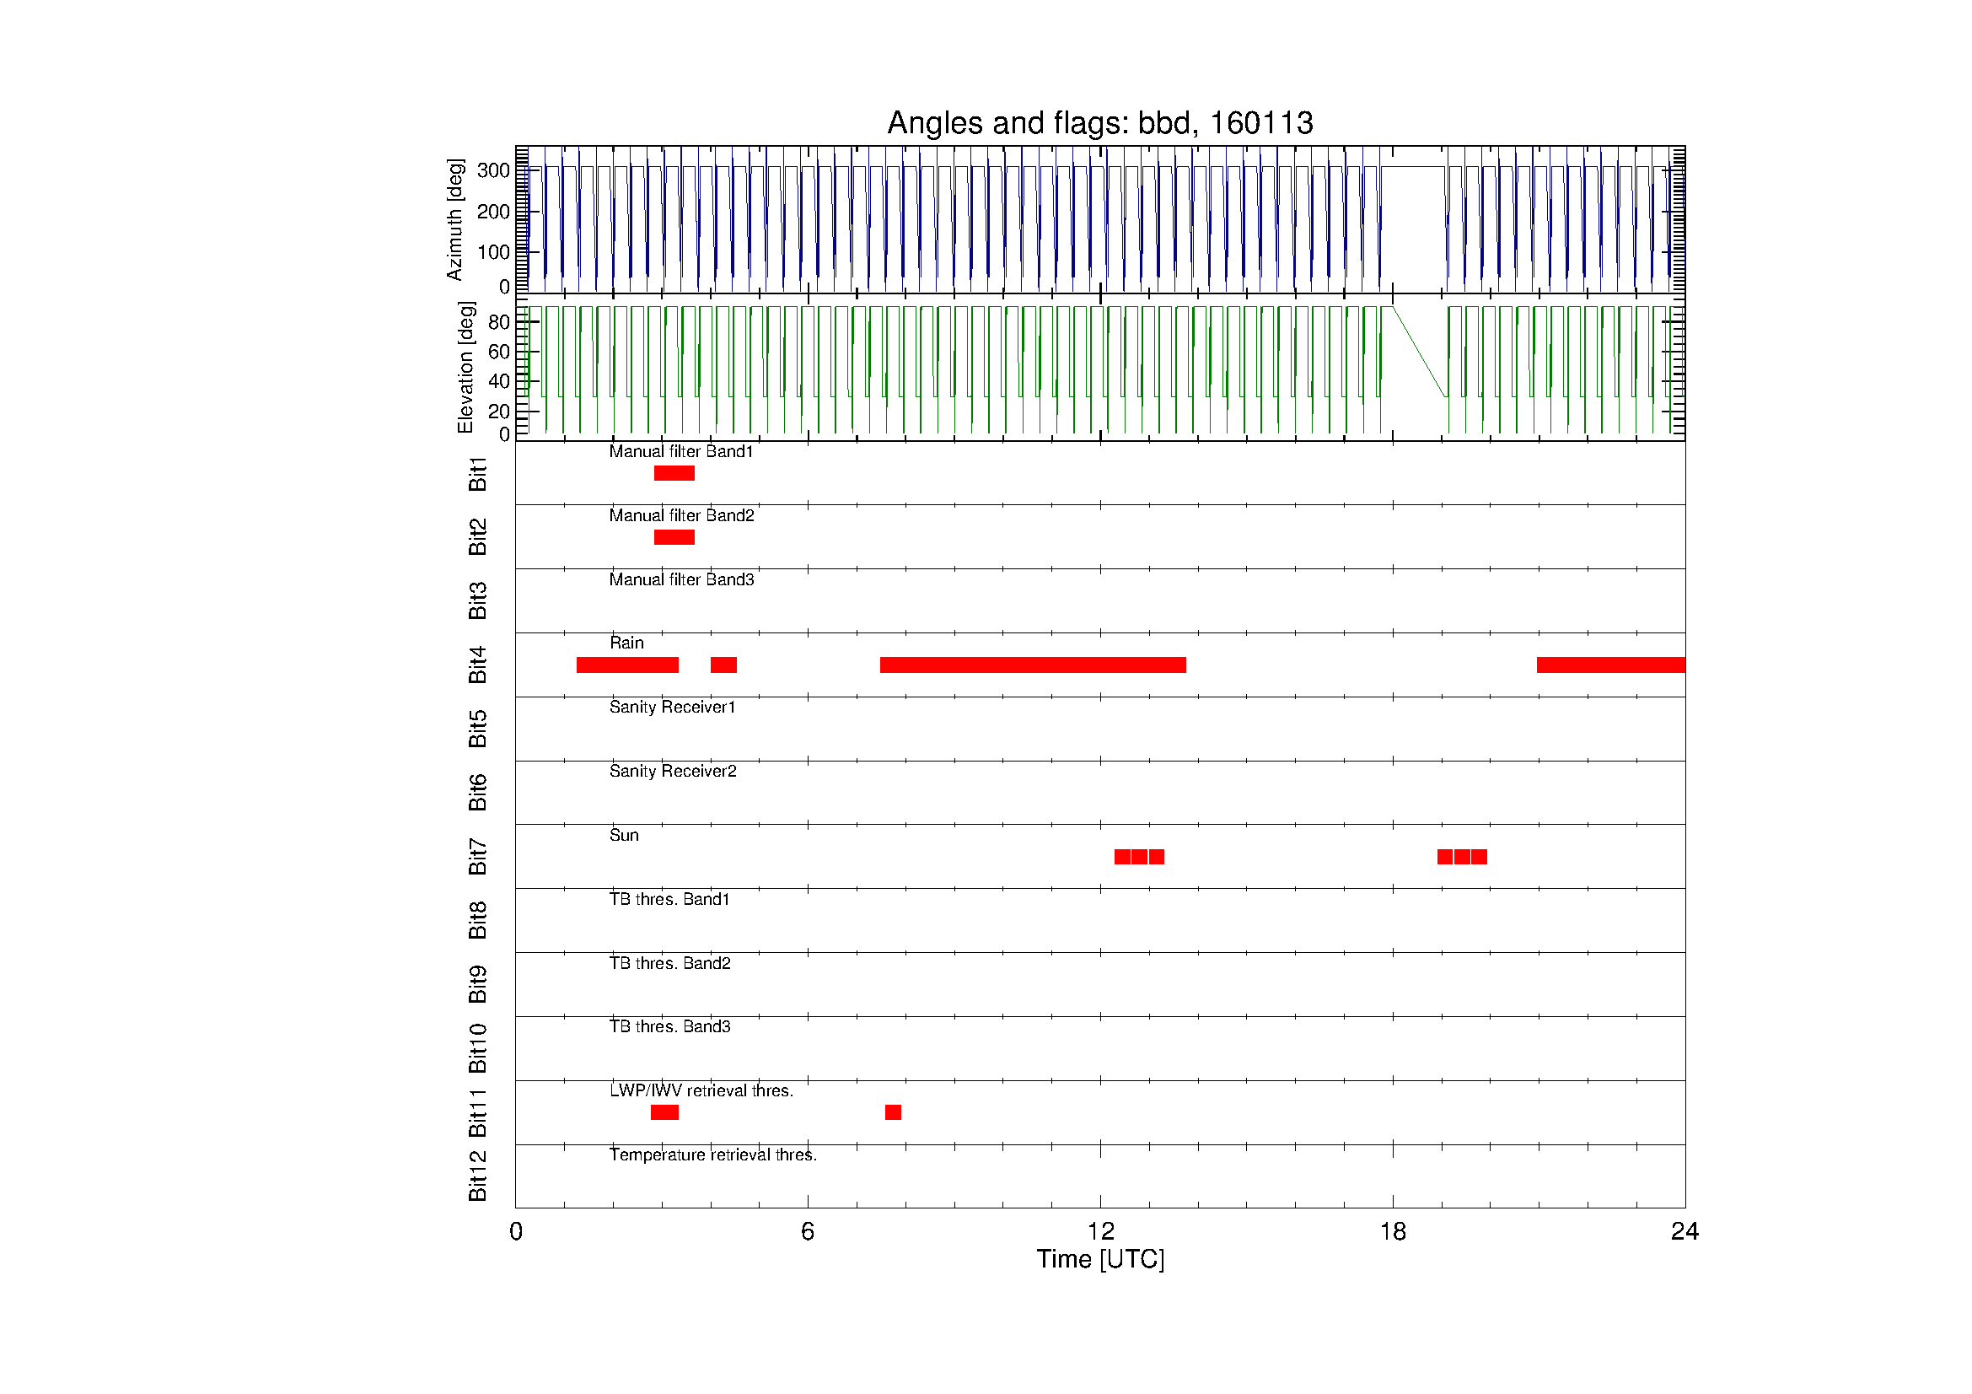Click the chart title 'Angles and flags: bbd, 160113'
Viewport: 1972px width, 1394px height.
1099,123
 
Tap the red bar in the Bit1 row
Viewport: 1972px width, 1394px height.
674,473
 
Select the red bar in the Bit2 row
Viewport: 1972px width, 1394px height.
674,538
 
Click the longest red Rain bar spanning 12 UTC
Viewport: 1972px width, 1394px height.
1033,665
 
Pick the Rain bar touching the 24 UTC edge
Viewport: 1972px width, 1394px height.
1610,665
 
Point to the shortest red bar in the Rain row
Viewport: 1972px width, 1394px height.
723,665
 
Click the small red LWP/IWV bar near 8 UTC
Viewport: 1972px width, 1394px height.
893,1112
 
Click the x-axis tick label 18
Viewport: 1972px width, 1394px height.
1393,1232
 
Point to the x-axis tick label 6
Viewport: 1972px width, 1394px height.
808,1232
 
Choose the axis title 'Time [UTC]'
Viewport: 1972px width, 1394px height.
1100,1259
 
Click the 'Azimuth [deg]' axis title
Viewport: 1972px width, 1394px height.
454,219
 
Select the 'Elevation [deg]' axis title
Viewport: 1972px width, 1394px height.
465,367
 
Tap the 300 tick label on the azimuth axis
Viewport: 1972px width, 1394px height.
494,170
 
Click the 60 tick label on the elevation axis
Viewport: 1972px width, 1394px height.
499,352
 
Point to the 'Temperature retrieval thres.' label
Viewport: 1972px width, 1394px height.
713,1155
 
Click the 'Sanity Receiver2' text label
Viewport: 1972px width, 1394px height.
673,772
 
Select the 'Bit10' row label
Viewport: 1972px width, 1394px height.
477,1049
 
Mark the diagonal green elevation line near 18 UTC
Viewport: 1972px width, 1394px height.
1420,353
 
